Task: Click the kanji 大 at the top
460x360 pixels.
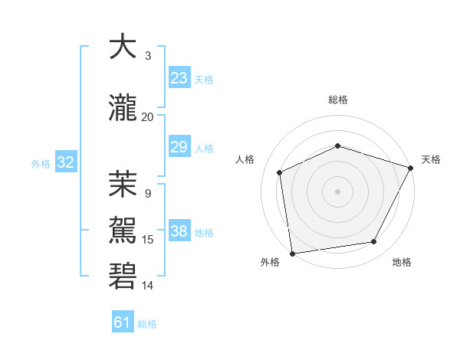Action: coord(125,47)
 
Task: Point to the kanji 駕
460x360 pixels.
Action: coord(125,228)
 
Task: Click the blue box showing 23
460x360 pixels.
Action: coord(179,78)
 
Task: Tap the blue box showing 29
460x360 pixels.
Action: coord(179,148)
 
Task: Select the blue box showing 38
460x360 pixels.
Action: coord(179,231)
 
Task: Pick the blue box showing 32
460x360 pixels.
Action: coord(65,162)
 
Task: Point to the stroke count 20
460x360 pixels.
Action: coord(148,116)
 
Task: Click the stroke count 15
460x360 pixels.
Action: coord(148,240)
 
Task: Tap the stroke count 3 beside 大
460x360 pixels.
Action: coord(148,55)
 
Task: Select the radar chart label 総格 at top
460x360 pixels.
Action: coord(337,100)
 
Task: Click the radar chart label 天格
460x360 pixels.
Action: coord(431,159)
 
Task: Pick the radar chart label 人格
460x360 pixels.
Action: coord(245,159)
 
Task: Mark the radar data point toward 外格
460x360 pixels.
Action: coord(291,253)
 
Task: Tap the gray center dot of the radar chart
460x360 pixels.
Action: coord(337,191)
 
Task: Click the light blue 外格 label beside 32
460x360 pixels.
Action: coord(40,163)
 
